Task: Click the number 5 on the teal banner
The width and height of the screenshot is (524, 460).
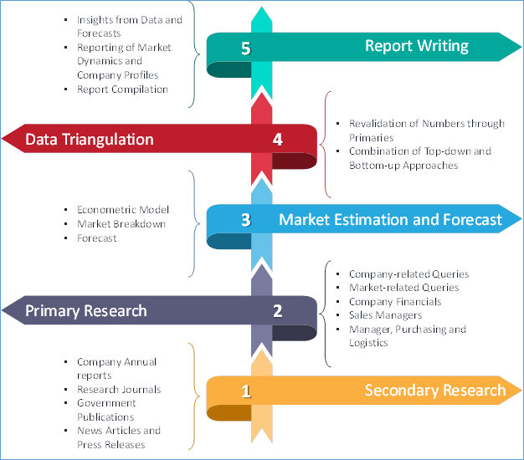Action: (245, 49)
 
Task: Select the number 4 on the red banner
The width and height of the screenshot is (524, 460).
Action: (277, 139)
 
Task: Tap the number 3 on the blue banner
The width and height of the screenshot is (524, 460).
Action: (245, 220)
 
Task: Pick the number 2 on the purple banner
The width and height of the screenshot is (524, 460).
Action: (277, 311)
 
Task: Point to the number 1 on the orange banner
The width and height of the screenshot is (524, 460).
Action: (245, 391)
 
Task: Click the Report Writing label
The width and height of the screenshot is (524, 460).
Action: (416, 46)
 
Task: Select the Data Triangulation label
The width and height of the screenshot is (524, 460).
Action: (90, 139)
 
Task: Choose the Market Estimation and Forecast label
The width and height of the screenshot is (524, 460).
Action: (390, 220)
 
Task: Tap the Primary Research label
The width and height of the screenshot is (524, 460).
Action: (85, 311)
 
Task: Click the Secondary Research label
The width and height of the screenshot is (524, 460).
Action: (434, 391)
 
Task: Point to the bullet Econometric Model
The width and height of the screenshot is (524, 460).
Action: (122, 210)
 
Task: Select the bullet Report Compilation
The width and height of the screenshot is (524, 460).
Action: (122, 88)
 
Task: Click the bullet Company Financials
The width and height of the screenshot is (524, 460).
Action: (394, 301)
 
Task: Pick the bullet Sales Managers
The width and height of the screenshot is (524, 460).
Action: (385, 315)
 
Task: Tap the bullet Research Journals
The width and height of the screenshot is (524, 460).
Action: (118, 389)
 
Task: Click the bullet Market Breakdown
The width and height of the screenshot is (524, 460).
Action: (121, 224)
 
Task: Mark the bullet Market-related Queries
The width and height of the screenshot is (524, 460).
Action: (403, 288)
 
